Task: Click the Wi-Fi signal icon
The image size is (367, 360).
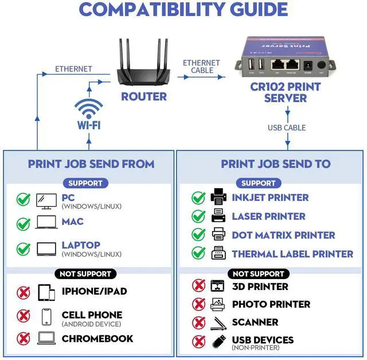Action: (89, 108)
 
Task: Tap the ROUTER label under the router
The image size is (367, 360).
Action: (143, 96)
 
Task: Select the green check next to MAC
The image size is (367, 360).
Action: (24, 223)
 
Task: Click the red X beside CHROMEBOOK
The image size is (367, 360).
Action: (24, 339)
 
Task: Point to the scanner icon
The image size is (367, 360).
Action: (217, 323)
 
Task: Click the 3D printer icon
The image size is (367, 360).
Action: (217, 286)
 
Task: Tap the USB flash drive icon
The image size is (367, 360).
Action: (217, 341)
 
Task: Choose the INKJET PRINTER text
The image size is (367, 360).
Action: (270, 198)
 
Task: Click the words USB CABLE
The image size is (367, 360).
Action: (286, 127)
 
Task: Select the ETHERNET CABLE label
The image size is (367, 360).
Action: (201, 67)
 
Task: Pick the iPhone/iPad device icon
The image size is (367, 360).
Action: (46, 292)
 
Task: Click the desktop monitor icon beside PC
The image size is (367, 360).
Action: (46, 200)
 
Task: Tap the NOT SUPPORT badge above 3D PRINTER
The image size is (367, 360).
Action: (258, 274)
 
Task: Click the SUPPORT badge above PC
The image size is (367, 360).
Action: (85, 183)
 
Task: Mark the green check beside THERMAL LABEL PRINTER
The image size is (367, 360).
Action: (198, 253)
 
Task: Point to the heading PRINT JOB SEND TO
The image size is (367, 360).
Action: (276, 164)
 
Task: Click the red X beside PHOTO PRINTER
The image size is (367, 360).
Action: (198, 304)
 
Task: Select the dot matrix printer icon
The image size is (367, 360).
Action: (218, 235)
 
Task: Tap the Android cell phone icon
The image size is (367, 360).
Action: (46, 316)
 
